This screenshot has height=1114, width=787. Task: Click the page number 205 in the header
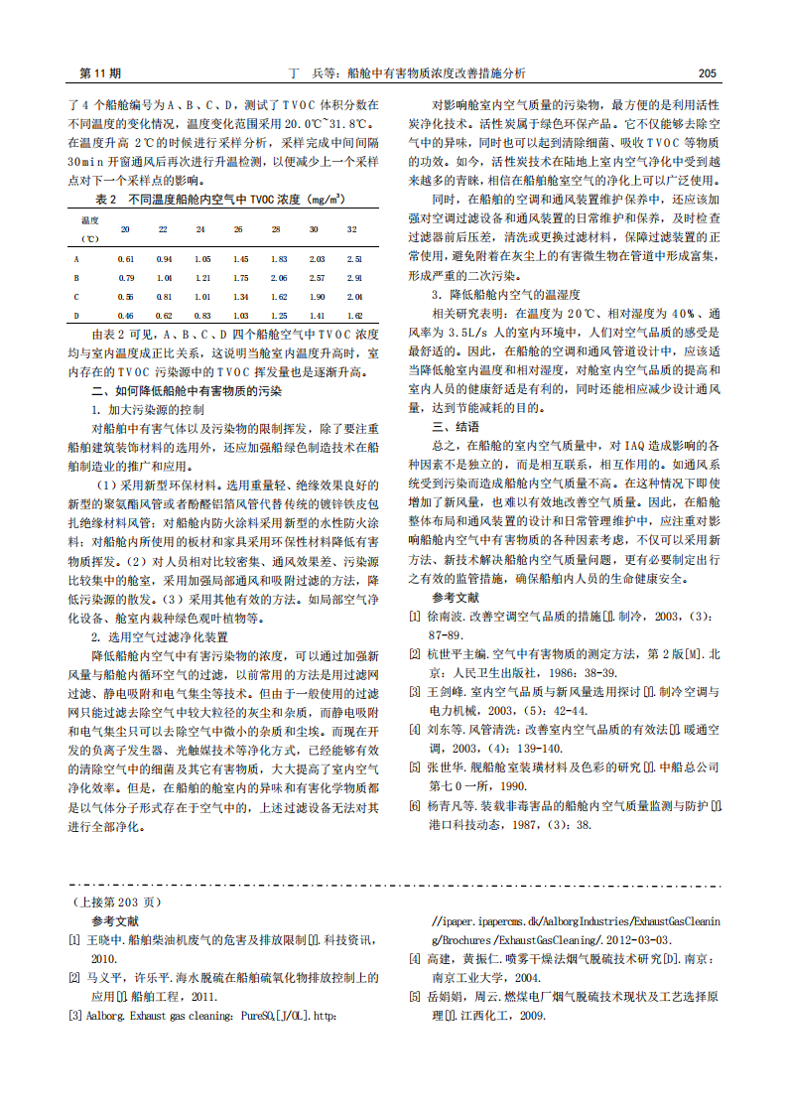click(x=707, y=73)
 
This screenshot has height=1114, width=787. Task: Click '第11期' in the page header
click(x=99, y=73)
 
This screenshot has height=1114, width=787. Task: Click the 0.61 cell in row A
click(x=125, y=259)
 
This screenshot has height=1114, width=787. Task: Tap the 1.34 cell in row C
click(x=239, y=297)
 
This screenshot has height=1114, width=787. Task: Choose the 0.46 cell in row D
click(x=125, y=316)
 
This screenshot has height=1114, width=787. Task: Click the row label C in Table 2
click(x=77, y=297)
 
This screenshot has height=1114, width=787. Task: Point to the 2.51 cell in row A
click(x=353, y=259)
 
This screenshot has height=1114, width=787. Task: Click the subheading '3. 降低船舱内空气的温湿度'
click(x=505, y=295)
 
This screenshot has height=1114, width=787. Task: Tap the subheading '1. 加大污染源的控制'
click(x=149, y=409)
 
